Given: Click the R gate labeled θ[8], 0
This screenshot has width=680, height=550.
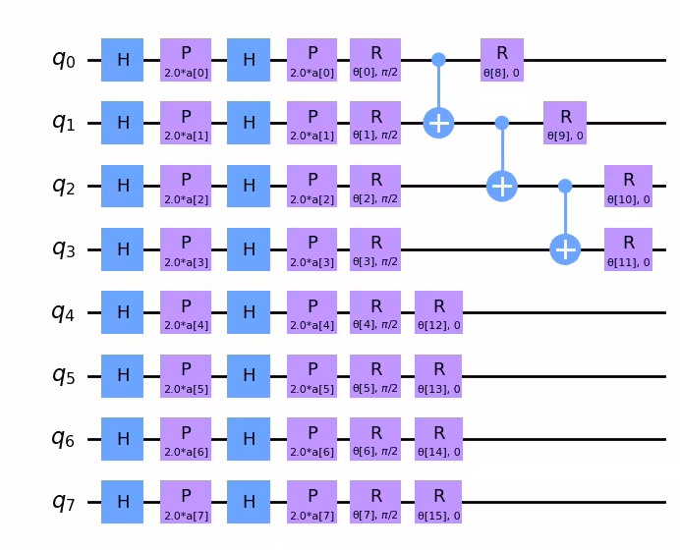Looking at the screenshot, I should (502, 60).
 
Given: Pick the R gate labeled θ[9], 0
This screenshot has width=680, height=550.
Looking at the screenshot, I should (565, 123).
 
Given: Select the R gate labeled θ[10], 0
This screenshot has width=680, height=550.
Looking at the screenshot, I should (628, 186).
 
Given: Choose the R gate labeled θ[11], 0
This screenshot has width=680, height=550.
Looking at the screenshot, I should (628, 248).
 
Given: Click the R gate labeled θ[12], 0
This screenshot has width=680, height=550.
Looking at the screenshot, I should (438, 312).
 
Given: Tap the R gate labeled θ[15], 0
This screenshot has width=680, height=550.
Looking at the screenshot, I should (438, 502).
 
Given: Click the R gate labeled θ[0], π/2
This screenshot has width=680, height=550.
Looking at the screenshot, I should (375, 60).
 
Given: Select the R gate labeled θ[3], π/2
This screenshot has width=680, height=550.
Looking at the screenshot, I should (375, 248).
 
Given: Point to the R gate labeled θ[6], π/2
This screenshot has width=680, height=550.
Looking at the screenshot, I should (375, 438).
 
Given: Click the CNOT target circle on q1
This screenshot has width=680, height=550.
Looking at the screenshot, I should (438, 123).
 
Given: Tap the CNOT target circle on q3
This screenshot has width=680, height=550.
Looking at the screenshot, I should (565, 248).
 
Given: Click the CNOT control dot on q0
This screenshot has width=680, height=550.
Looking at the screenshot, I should (438, 60).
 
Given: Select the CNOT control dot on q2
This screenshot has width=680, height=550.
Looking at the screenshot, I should (565, 186).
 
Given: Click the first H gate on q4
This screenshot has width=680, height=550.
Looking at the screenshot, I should (123, 312).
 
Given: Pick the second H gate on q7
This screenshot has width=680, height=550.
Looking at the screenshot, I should (249, 502).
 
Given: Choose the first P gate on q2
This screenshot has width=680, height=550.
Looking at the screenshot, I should (186, 186).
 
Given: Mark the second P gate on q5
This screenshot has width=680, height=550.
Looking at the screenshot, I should (312, 375).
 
